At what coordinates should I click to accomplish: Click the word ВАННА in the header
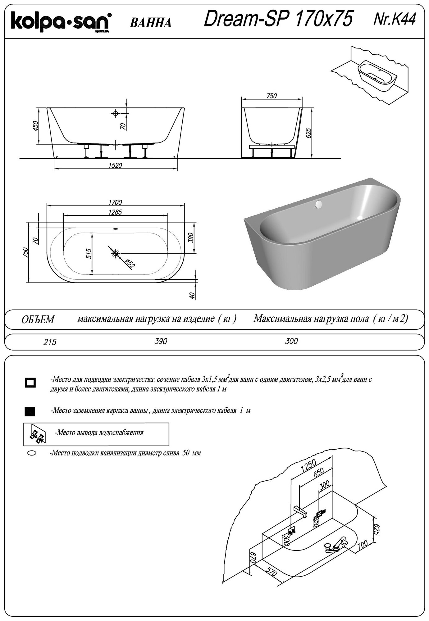[x=150, y=23]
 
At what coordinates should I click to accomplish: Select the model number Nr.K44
[x=395, y=19]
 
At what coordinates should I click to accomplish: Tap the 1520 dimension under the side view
[x=116, y=165]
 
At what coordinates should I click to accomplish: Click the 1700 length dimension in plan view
[x=116, y=202]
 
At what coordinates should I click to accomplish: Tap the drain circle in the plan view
[x=116, y=254]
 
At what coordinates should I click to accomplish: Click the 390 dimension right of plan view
[x=191, y=238]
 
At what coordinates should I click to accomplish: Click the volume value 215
[x=50, y=342]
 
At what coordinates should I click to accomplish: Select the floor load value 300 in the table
[x=291, y=341]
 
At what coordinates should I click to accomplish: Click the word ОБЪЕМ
[x=38, y=320]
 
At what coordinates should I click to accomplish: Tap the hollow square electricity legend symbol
[x=30, y=383]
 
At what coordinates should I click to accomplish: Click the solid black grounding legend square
[x=30, y=411]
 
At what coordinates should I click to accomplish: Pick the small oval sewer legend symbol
[x=32, y=453]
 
